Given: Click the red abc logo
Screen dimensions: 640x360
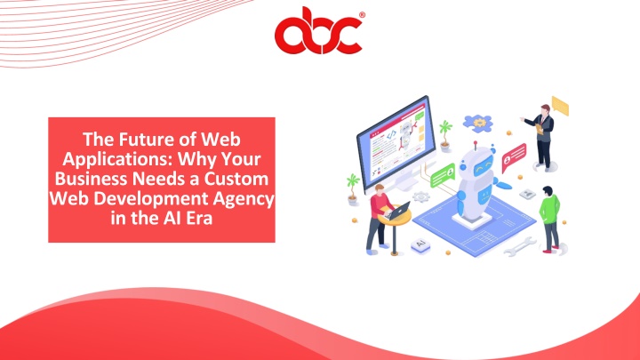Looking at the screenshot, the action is tap(319, 31).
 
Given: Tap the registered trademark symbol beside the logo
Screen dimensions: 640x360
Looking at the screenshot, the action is tap(362, 15).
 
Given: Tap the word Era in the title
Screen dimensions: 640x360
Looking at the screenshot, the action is tap(200, 219).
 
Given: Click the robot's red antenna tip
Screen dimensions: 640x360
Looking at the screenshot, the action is tap(475, 144).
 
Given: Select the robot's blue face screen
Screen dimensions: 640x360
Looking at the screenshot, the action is tap(484, 168).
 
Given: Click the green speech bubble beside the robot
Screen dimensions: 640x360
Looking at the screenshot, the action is tap(443, 175).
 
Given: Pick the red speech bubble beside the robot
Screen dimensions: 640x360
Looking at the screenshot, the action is tap(514, 156).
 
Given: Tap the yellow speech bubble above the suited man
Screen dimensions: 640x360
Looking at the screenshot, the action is tap(560, 105).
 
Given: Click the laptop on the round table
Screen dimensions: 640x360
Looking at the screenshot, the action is tap(397, 211).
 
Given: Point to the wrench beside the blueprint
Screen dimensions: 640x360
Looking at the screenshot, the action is tap(520, 247).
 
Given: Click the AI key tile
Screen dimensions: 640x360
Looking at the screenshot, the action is tap(420, 245).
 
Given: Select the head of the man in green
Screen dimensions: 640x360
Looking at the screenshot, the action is tap(548, 191).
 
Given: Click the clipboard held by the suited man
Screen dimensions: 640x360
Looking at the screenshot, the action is tap(540, 129).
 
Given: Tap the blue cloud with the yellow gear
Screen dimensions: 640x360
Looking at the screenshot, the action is tap(478, 123).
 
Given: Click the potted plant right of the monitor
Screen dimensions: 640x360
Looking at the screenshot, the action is tap(445, 135).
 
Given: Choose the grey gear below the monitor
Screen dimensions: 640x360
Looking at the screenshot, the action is tap(420, 197).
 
